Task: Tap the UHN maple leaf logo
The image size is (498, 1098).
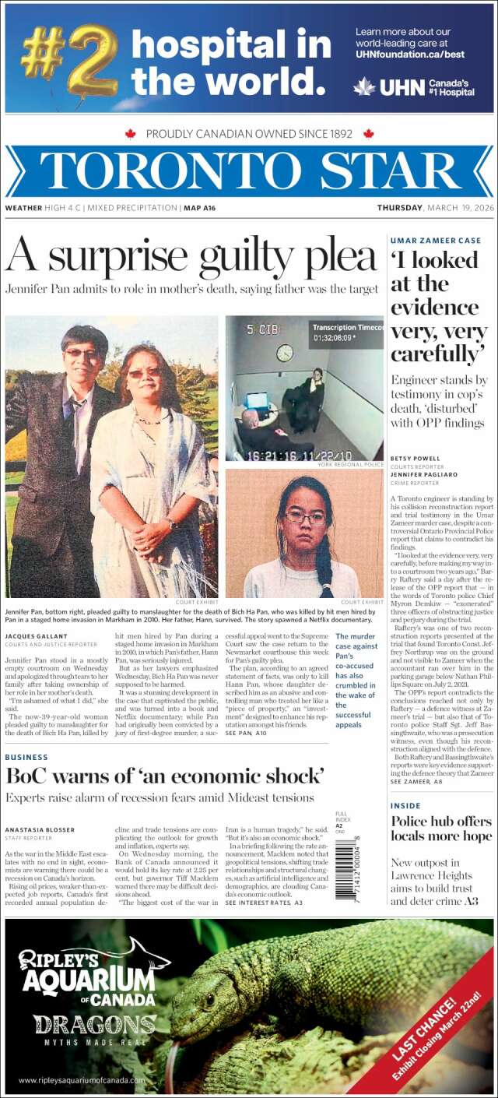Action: (x=363, y=87)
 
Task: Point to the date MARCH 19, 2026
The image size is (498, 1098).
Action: (x=460, y=208)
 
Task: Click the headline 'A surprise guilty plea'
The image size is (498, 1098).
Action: (x=191, y=256)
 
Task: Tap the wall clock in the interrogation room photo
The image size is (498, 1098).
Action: (x=285, y=353)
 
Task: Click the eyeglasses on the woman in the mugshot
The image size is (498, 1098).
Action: (x=304, y=517)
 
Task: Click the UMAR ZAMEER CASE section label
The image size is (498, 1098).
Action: (x=436, y=241)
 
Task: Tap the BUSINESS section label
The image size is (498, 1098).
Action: (x=26, y=757)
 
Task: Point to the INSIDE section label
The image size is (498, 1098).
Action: (x=405, y=805)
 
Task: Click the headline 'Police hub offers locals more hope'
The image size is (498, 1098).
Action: (x=440, y=829)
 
